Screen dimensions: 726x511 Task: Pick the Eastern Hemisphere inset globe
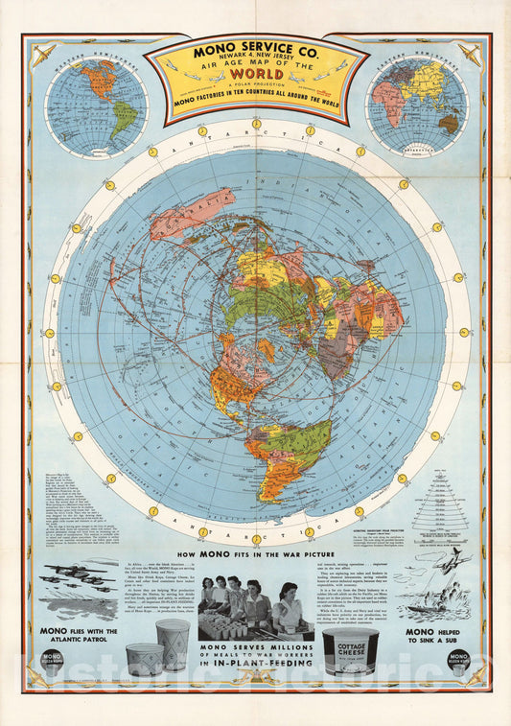tap(416, 105)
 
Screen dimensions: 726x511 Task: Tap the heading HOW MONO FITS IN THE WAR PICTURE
tap(255, 555)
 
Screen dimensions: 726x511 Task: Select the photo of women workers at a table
tap(256, 606)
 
